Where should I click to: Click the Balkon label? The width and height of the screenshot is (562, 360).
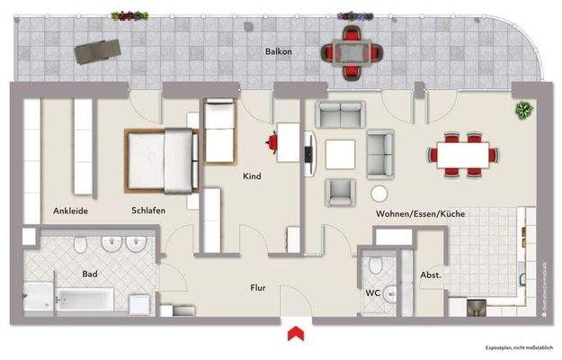click(x=277, y=52)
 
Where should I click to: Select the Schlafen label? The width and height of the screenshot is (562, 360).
click(x=147, y=211)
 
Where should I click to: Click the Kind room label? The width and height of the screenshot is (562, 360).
click(x=252, y=176)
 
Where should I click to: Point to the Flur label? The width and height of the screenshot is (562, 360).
click(x=258, y=288)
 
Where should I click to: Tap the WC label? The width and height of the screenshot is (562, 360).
click(x=372, y=292)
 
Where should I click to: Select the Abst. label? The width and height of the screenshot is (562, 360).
click(x=430, y=275)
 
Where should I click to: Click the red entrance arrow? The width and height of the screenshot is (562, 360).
click(x=293, y=335)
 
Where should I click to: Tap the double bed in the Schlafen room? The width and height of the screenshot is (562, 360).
click(x=161, y=162)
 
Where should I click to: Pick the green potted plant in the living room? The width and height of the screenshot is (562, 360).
click(x=522, y=110)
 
